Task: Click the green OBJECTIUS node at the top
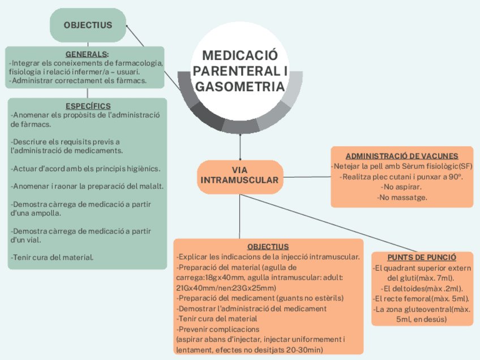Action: click(x=88, y=25)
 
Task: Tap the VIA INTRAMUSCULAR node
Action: click(x=240, y=175)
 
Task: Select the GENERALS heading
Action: click(x=87, y=54)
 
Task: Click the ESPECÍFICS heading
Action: click(x=88, y=106)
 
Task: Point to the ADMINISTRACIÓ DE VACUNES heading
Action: click(x=402, y=156)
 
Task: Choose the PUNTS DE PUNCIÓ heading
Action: click(x=422, y=257)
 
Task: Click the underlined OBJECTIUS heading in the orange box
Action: click(x=268, y=247)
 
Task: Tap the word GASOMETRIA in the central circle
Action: click(x=240, y=87)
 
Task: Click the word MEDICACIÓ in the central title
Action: click(x=240, y=55)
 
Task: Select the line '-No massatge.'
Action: click(x=402, y=198)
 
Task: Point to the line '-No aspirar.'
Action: click(x=402, y=187)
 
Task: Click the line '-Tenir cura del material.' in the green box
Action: click(x=52, y=258)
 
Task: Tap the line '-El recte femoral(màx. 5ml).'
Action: click(x=422, y=298)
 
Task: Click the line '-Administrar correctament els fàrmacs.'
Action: click(x=78, y=81)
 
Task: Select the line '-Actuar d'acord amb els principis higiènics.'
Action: click(x=85, y=169)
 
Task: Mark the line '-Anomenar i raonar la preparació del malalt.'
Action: click(x=88, y=186)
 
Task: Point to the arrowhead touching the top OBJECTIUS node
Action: click(x=128, y=26)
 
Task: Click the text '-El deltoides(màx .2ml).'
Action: click(x=422, y=288)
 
